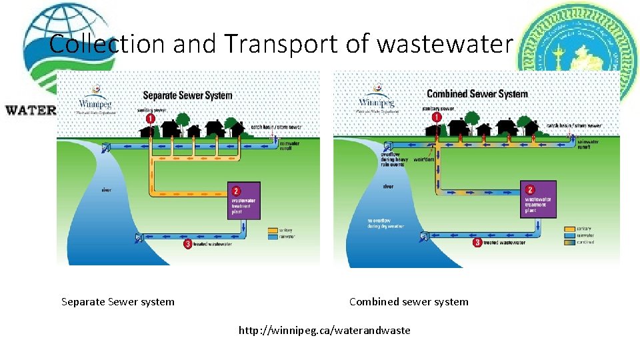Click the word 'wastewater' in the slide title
pyautogui.click(x=445, y=44)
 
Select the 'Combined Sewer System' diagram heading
pyautogui.click(x=477, y=94)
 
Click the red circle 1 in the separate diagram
pyautogui.click(x=151, y=118)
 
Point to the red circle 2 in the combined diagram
pyautogui.click(x=531, y=190)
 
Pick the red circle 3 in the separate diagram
pyautogui.click(x=188, y=244)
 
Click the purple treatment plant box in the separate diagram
pyautogui.click(x=244, y=201)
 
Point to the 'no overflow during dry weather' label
pyautogui.click(x=385, y=223)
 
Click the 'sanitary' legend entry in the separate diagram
pyautogui.click(x=285, y=229)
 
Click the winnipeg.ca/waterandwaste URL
pyautogui.click(x=325, y=330)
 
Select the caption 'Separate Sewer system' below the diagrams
pyautogui.click(x=118, y=301)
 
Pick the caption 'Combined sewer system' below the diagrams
pyautogui.click(x=409, y=301)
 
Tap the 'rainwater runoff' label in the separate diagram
pyautogui.click(x=290, y=145)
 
